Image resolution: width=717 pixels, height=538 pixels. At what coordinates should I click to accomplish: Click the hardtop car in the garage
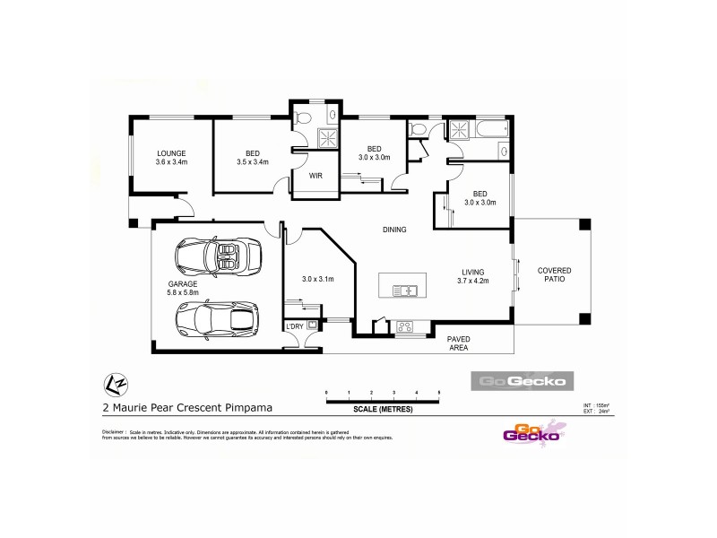point(218,318)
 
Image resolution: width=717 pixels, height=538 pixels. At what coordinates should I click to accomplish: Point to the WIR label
point(315,177)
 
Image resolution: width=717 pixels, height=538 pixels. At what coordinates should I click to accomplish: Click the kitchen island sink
point(405,290)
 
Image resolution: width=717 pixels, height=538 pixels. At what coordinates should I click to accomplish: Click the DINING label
point(394,230)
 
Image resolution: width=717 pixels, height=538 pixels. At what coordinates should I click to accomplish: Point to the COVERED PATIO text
point(554,274)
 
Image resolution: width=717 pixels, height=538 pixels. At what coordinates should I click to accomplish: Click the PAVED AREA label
point(459,343)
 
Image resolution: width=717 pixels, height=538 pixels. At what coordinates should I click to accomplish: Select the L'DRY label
point(295,326)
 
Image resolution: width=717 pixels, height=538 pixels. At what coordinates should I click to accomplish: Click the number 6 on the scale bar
point(439,394)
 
